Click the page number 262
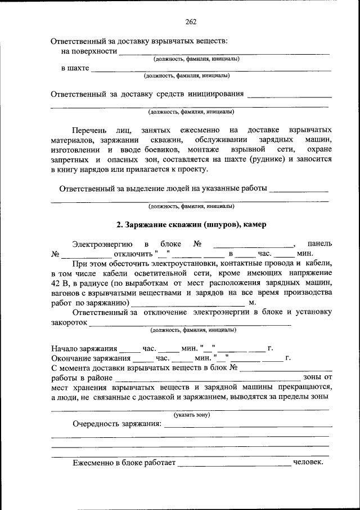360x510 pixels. [190, 22]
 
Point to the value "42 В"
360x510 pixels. [61, 283]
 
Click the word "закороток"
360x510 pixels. [69, 323]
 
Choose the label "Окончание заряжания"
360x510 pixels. [90, 358]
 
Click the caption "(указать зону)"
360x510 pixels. [191, 415]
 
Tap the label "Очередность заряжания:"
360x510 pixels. [116, 424]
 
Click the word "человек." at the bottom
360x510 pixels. [308, 463]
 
